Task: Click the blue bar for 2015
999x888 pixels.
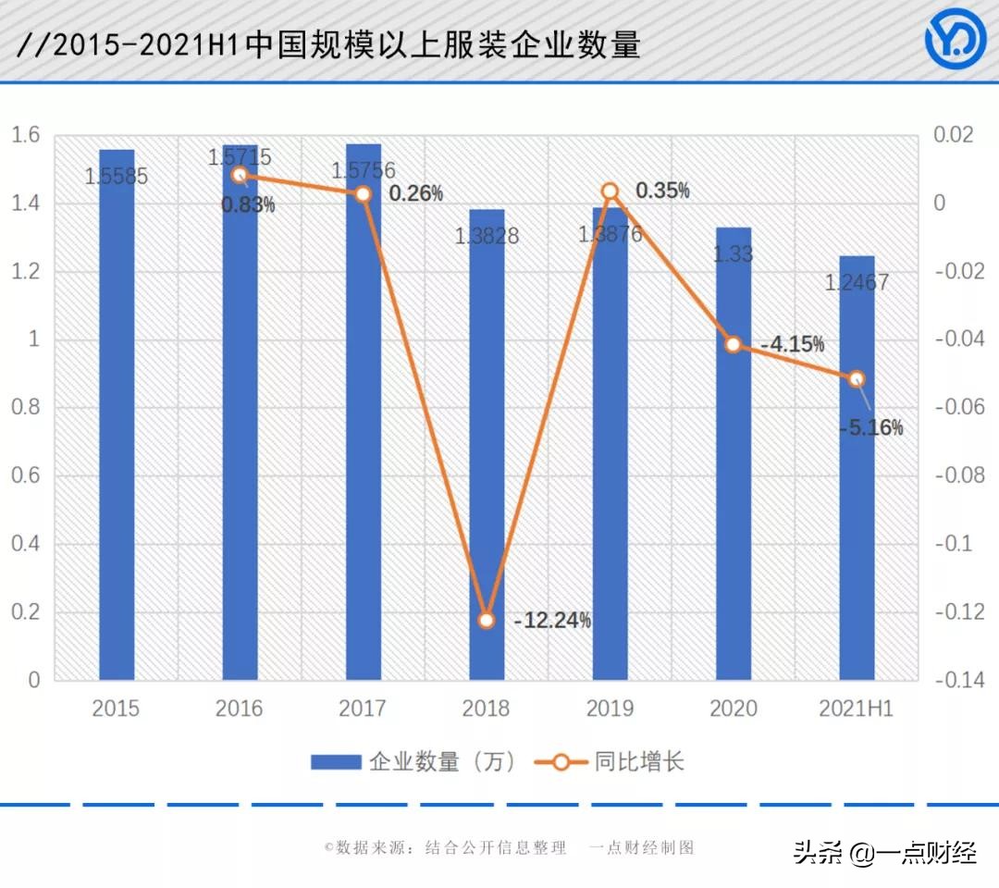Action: pos(117,416)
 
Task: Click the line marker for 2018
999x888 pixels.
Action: pos(487,620)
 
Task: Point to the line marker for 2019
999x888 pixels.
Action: pos(610,191)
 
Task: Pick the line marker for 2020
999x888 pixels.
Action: pos(733,344)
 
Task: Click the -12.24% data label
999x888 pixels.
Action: pos(552,621)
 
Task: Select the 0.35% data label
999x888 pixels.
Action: pos(661,191)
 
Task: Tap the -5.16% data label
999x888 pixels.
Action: pos(869,427)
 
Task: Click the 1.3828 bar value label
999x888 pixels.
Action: pos(487,236)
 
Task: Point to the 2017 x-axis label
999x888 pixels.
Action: pos(363,709)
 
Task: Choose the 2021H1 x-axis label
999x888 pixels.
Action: pos(857,709)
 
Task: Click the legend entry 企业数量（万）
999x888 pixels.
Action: pos(413,762)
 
